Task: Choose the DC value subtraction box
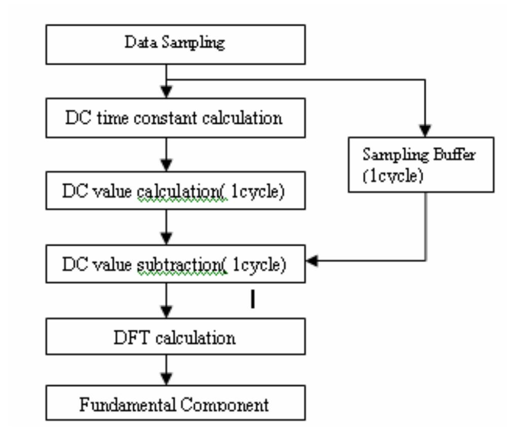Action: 175,265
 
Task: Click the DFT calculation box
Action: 175,337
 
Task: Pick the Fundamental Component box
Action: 175,405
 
